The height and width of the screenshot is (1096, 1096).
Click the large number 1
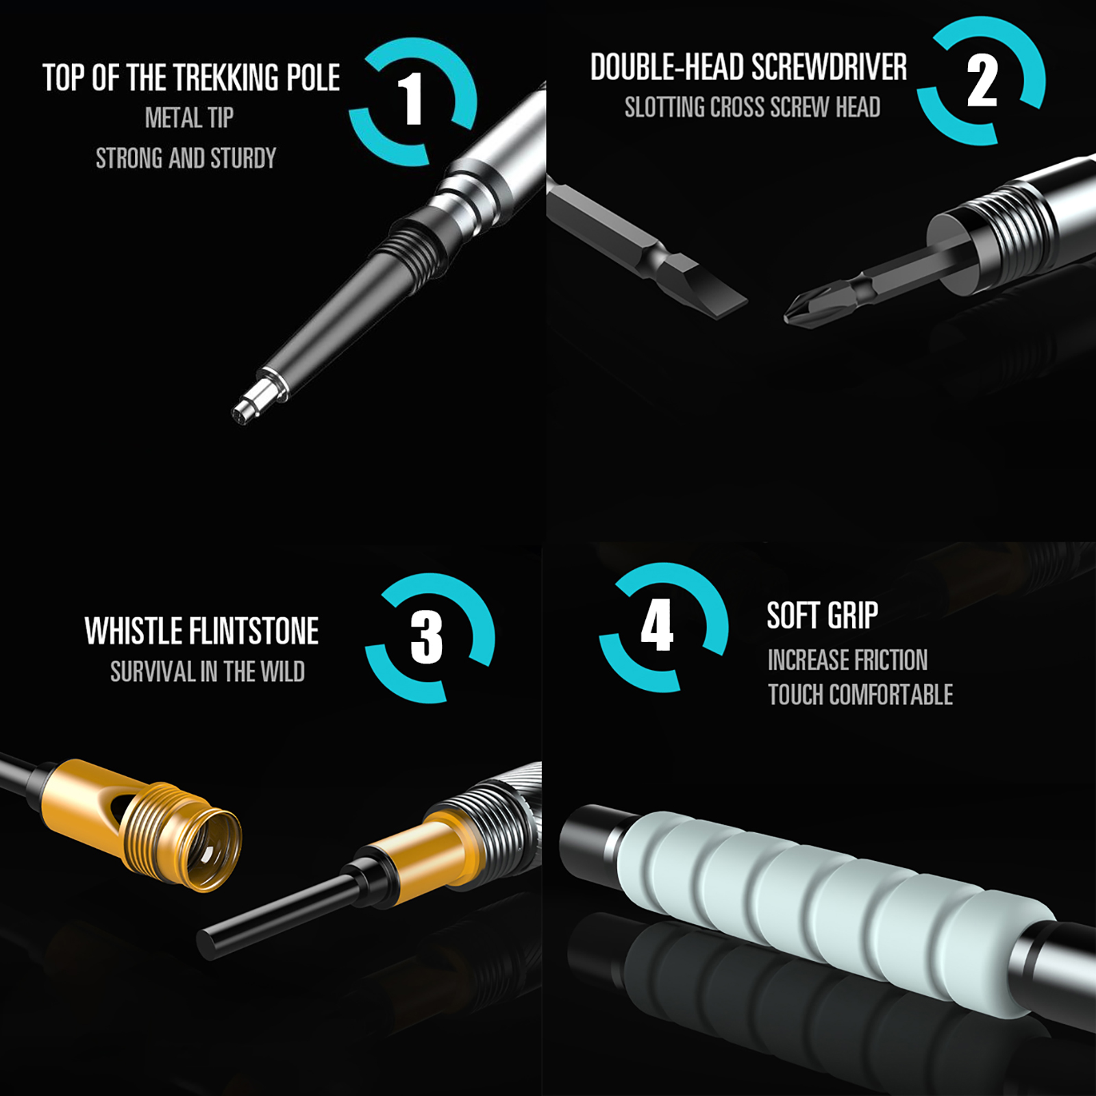pos(412,99)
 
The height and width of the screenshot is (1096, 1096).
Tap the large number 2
pos(982,81)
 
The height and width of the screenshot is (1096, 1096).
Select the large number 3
pos(426,638)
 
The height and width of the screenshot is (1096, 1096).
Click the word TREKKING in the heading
pos(227,77)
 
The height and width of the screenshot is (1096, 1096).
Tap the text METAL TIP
pos(189,118)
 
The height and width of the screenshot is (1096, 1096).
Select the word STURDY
pos(243,158)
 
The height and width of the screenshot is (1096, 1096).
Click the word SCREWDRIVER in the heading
pos(829,67)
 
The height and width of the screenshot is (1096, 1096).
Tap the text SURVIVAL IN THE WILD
pos(208,672)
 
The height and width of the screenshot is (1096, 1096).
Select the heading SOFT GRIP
pos(822,615)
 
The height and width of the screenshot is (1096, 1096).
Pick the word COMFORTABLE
pos(891,695)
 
